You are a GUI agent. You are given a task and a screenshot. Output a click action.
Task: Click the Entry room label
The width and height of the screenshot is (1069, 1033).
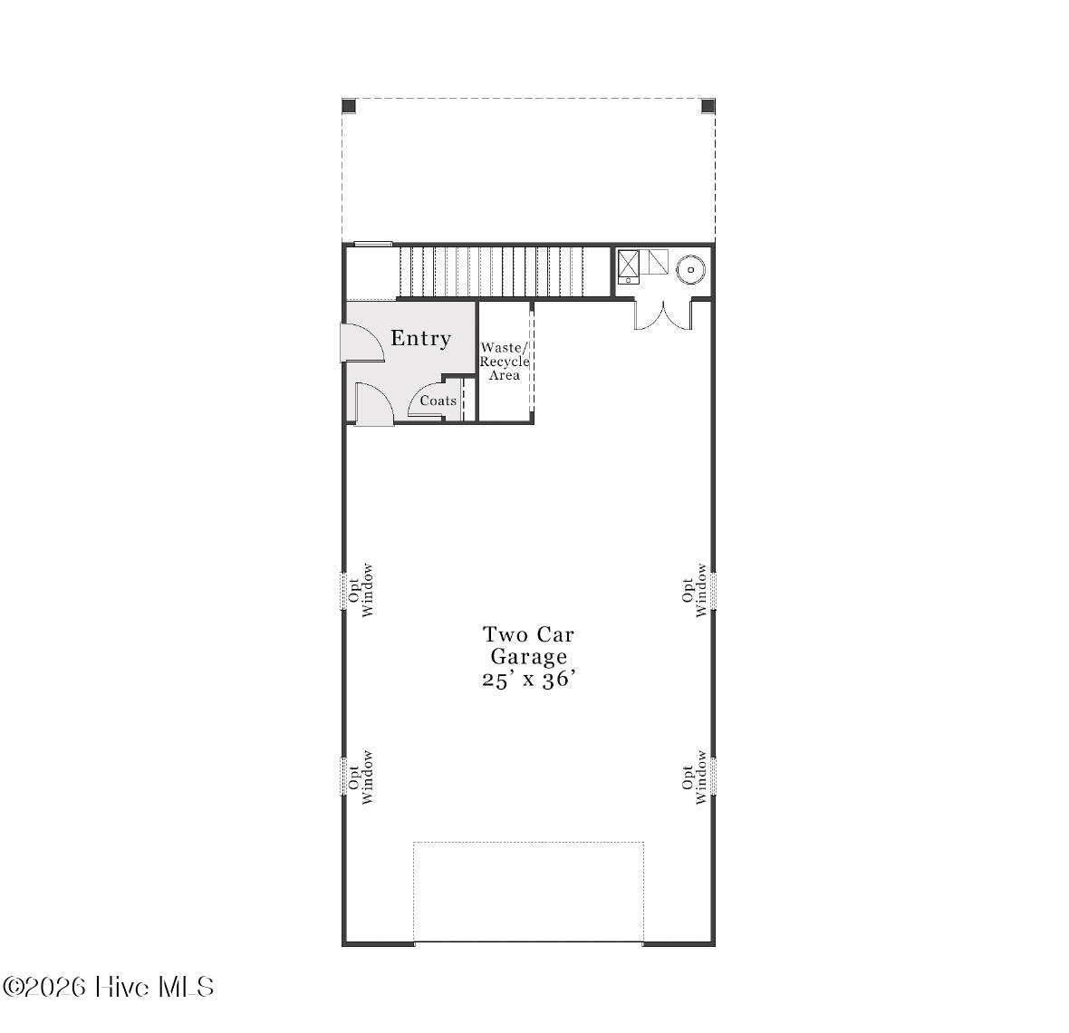pos(420,338)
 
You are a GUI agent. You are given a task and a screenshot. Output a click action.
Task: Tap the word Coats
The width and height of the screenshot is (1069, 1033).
pos(438,401)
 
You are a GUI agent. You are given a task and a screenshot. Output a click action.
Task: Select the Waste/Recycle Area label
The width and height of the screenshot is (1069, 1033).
pos(505,361)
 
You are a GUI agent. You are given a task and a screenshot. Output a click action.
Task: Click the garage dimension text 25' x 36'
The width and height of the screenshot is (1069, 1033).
pos(529,680)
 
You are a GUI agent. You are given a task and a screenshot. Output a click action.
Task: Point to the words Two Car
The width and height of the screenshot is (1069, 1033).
pos(529,634)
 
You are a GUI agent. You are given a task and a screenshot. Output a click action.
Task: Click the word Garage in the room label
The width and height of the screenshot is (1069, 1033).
pos(529,657)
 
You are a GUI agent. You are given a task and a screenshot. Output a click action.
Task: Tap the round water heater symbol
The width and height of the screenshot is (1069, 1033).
pos(690,269)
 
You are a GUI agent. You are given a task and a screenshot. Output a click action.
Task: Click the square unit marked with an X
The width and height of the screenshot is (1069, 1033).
pos(629,264)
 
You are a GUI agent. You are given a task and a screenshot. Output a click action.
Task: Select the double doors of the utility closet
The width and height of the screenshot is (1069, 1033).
pos(662,314)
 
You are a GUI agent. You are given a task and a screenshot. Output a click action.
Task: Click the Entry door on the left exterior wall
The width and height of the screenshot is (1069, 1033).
pos(362,343)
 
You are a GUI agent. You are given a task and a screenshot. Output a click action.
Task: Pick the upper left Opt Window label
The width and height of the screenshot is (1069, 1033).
pos(361,590)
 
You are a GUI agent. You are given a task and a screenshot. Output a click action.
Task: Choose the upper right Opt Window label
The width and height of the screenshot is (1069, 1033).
pos(694,590)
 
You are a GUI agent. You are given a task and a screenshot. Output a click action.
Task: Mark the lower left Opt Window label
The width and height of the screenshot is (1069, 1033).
pos(361,777)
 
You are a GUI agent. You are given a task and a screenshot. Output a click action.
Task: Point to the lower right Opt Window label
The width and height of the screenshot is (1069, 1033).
pos(694,777)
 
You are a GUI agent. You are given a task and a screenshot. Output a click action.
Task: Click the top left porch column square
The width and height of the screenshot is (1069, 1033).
pos(349,106)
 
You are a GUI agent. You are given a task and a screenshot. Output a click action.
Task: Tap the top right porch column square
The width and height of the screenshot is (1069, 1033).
pos(708,106)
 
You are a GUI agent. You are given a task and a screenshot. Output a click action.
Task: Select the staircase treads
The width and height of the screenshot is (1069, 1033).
pos(503,271)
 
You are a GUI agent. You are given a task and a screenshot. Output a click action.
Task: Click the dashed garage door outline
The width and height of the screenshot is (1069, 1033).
pos(528,892)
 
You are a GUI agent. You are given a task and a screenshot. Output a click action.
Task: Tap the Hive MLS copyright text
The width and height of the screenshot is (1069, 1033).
pos(108,987)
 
